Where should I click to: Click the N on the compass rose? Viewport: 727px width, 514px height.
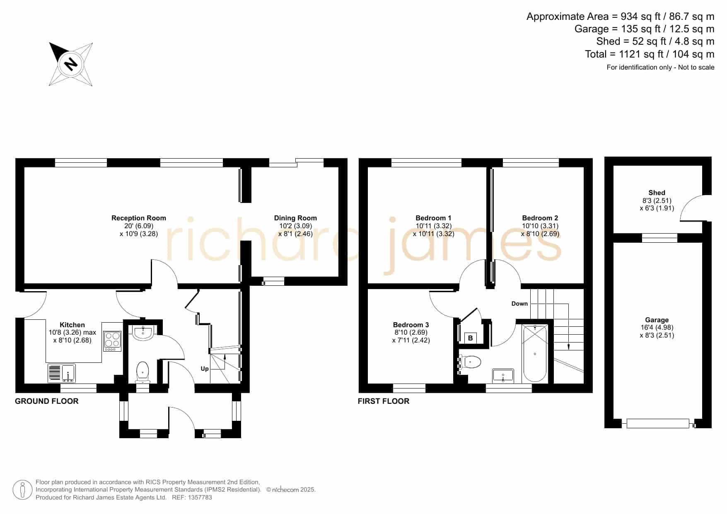(x=71, y=64)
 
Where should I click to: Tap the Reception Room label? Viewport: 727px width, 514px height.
(x=139, y=218)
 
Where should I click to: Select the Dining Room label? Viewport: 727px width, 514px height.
(x=295, y=218)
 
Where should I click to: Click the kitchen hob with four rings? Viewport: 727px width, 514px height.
(x=112, y=341)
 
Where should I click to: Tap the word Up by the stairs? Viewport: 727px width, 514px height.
(x=205, y=369)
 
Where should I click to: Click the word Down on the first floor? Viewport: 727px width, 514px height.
(x=519, y=304)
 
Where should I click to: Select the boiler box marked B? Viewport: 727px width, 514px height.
(x=471, y=338)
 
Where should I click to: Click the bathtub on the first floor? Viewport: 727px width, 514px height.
(x=535, y=354)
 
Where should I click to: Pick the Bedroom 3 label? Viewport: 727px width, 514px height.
(x=411, y=325)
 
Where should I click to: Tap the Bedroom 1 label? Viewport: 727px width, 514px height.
(x=434, y=218)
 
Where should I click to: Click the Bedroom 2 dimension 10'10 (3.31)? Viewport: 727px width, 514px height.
(x=540, y=226)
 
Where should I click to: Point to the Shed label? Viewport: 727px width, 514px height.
(x=657, y=193)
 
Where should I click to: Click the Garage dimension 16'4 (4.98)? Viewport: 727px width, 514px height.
(x=657, y=327)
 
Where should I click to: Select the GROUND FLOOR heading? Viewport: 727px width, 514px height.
(x=47, y=401)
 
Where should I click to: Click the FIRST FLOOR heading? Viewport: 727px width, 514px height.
(x=384, y=401)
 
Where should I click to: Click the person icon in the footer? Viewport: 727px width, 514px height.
(x=22, y=490)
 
